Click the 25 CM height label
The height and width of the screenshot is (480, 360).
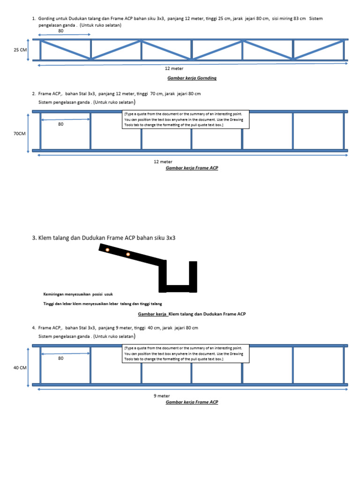click(21, 49)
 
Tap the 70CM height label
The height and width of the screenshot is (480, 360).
click(20, 134)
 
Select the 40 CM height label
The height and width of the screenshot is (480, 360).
click(20, 368)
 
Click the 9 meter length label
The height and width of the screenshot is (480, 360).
click(162, 396)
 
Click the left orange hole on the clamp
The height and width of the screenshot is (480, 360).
click(107, 250)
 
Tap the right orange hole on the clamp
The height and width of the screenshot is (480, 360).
click(127, 255)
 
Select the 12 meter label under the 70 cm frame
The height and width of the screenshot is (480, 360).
click(163, 162)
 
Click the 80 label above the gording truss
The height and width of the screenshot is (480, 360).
click(60, 30)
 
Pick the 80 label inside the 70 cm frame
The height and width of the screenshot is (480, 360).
click(60, 124)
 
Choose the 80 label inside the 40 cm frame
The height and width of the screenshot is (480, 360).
click(60, 358)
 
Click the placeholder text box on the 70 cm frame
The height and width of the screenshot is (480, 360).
click(186, 120)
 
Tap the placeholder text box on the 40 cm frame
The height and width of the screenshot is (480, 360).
click(186, 353)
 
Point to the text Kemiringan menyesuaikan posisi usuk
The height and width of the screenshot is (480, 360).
click(78, 294)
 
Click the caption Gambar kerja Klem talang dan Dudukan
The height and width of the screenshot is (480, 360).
click(192, 314)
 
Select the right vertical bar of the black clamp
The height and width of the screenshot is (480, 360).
click(193, 276)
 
